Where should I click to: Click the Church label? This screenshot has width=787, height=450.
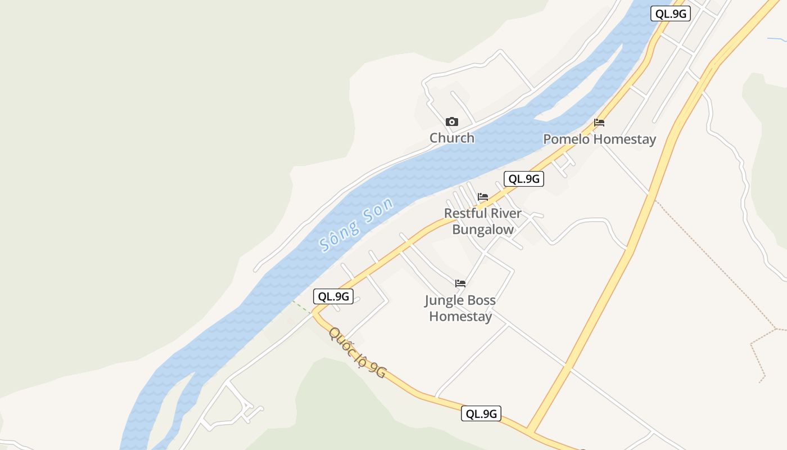click(x=452, y=138)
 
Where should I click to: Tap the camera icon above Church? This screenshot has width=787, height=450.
click(x=452, y=122)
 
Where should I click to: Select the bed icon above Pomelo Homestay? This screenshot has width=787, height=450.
click(x=599, y=123)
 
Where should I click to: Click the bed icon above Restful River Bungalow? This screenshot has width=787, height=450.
click(x=483, y=197)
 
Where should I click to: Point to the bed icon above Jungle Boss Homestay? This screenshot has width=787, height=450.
click(x=460, y=283)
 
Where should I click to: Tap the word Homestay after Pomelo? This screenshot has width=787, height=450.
click(x=625, y=139)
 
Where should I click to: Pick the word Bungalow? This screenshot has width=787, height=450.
click(x=483, y=230)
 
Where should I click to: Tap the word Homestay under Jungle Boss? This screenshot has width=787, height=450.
click(x=460, y=317)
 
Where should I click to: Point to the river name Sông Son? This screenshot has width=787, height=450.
click(x=355, y=224)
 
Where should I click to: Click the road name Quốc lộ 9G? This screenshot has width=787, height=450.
click(x=358, y=353)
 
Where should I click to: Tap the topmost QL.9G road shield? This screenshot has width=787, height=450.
click(x=670, y=14)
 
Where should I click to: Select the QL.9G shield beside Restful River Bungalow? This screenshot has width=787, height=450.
click(x=524, y=179)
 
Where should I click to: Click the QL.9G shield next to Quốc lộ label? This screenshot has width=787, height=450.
click(x=333, y=296)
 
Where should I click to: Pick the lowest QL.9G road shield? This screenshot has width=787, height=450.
click(x=481, y=414)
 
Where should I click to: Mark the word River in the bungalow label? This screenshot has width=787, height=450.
click(x=504, y=214)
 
